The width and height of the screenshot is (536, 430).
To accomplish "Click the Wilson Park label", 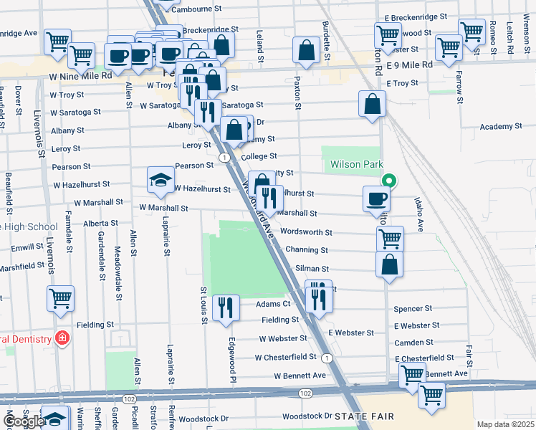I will click(x=353, y=164).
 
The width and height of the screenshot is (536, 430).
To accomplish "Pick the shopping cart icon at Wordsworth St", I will click(x=390, y=238).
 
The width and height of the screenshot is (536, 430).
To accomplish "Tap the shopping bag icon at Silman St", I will click(x=389, y=264).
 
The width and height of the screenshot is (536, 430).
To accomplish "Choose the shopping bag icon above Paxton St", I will click(x=306, y=51).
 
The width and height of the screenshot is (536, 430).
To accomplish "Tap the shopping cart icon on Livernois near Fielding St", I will click(x=61, y=297).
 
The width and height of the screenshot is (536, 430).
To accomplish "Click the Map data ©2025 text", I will click(x=506, y=424).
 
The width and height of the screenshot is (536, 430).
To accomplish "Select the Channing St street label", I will click(x=306, y=251).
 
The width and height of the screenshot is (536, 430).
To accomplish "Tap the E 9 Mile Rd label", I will click(x=409, y=64).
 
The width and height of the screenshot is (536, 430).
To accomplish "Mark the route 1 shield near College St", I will click(x=226, y=157).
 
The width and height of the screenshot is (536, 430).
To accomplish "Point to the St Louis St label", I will click(x=204, y=305).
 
